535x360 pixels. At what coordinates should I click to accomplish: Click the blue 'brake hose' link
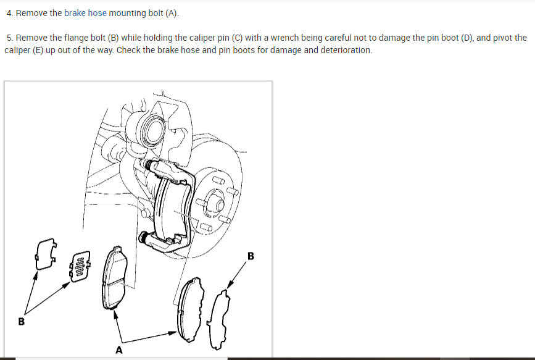(x=85, y=14)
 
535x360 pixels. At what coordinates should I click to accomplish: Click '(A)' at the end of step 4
(x=172, y=14)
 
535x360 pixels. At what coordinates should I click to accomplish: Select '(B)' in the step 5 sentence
(x=113, y=38)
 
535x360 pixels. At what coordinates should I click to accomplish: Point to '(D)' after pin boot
(x=467, y=38)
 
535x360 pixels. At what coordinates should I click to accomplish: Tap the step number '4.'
(x=10, y=14)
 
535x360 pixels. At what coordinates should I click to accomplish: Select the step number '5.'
(x=10, y=38)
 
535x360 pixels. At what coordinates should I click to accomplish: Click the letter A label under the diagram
(x=118, y=350)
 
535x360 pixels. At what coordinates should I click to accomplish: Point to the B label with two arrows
(x=21, y=321)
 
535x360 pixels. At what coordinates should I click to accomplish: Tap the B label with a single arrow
(x=251, y=256)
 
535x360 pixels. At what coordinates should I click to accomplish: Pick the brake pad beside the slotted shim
(x=114, y=278)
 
